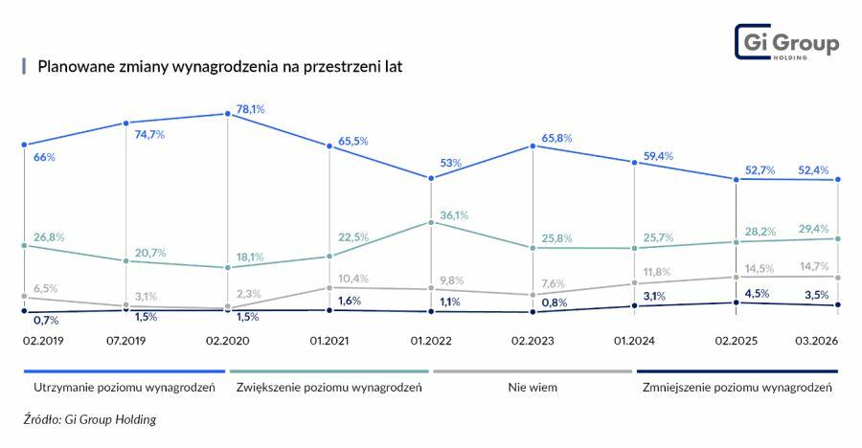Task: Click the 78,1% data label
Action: [x=250, y=109]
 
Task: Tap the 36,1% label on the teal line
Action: [x=454, y=215]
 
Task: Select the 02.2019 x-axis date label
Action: [x=41, y=339]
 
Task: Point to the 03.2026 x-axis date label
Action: [x=817, y=339]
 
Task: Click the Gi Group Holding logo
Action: [x=786, y=43]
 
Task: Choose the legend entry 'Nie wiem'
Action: [x=533, y=388]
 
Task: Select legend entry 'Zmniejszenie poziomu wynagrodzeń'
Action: [x=737, y=388]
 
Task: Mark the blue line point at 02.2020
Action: [x=228, y=114]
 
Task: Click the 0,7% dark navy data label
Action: [x=45, y=320]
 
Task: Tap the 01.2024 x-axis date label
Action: [x=633, y=339]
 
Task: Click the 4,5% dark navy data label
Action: [x=758, y=293]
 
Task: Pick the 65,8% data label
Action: [x=556, y=138]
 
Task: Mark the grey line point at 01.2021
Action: [x=329, y=287]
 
